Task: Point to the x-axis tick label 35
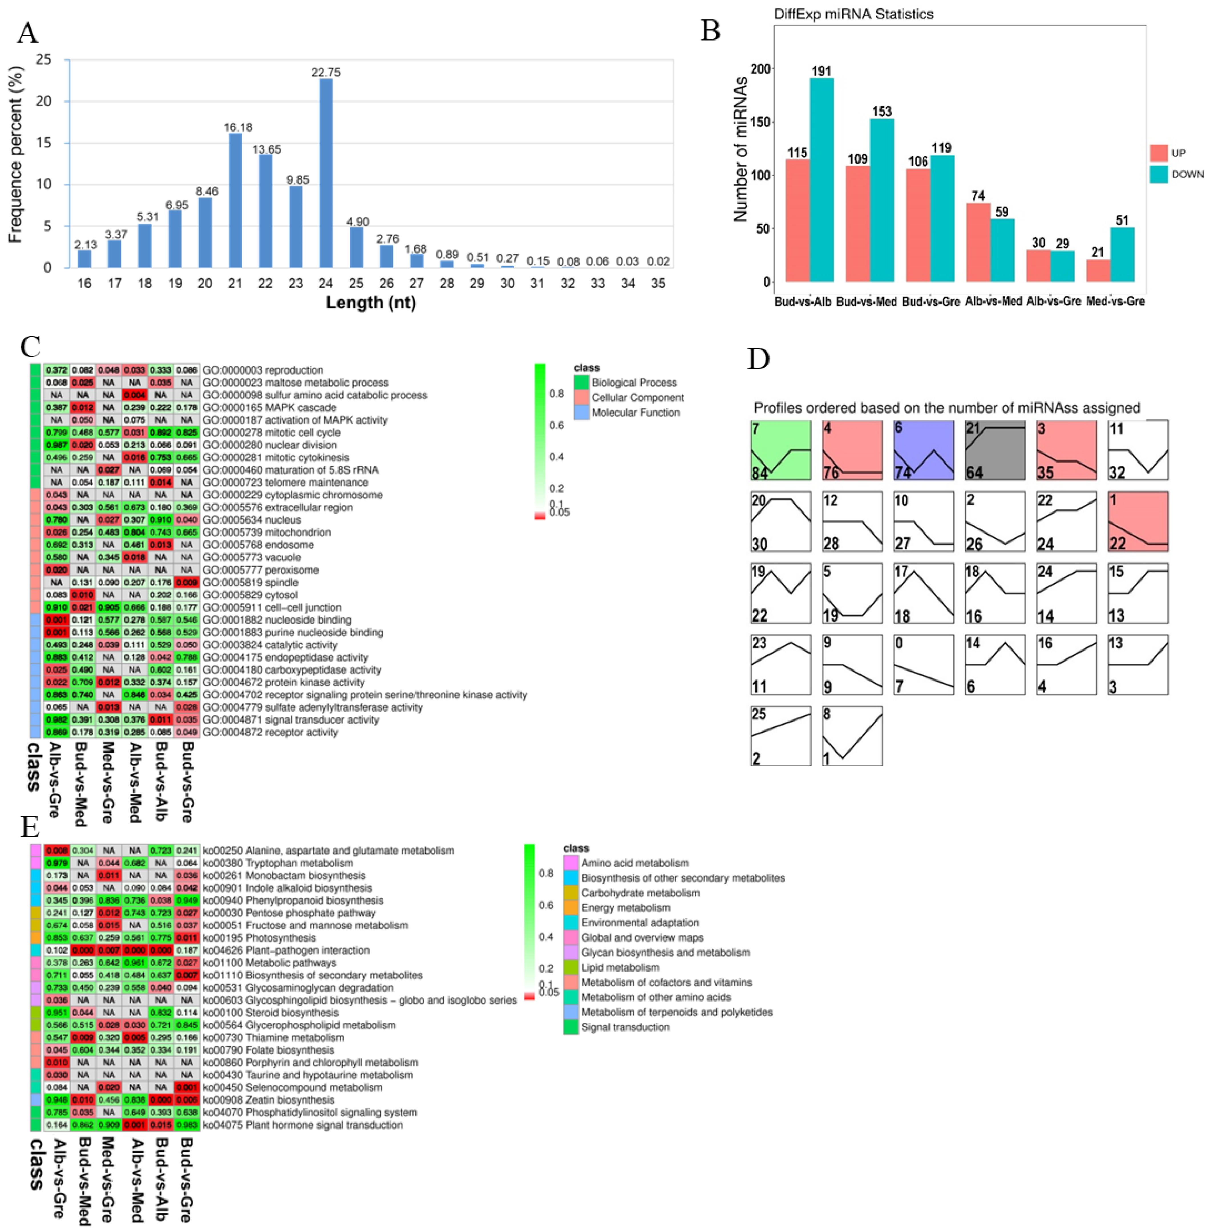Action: (x=658, y=283)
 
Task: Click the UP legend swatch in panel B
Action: (x=1159, y=153)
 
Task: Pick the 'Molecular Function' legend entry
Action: (x=635, y=413)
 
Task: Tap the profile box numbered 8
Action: (x=852, y=736)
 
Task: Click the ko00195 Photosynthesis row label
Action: (x=259, y=938)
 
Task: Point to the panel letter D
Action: (x=759, y=359)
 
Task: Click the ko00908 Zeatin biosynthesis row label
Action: (x=268, y=1100)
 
